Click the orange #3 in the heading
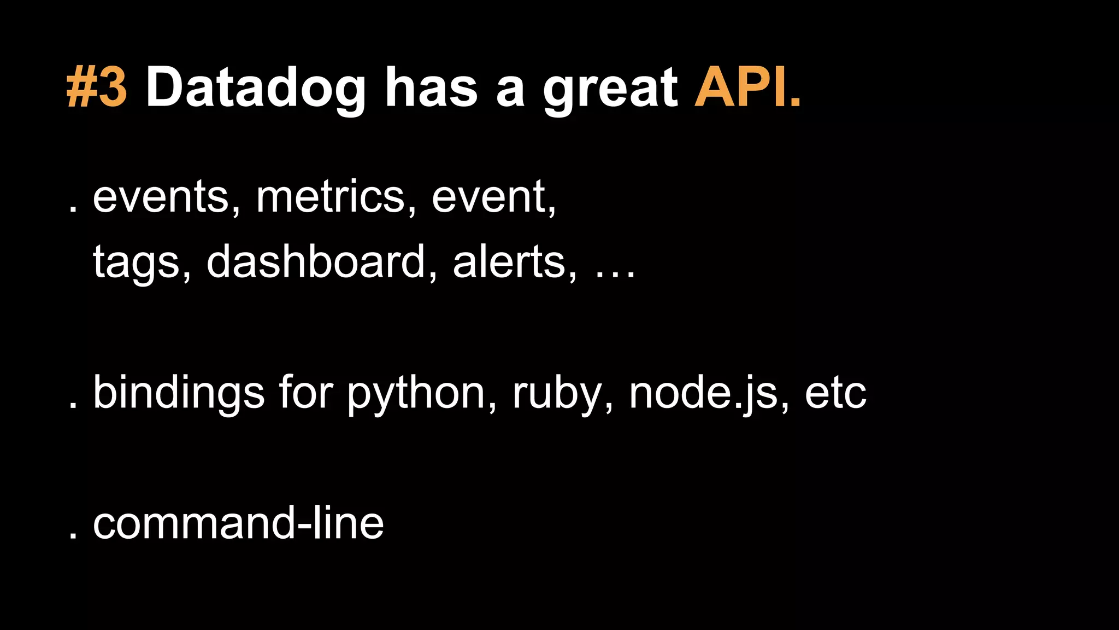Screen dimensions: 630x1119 pyautogui.click(x=97, y=87)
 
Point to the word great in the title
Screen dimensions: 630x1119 pyautogui.click(x=610, y=90)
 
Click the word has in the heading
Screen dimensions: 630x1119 pyautogui.click(x=431, y=87)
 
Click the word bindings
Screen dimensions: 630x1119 pyautogui.click(x=179, y=394)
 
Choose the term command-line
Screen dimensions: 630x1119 pyautogui.click(x=238, y=524)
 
